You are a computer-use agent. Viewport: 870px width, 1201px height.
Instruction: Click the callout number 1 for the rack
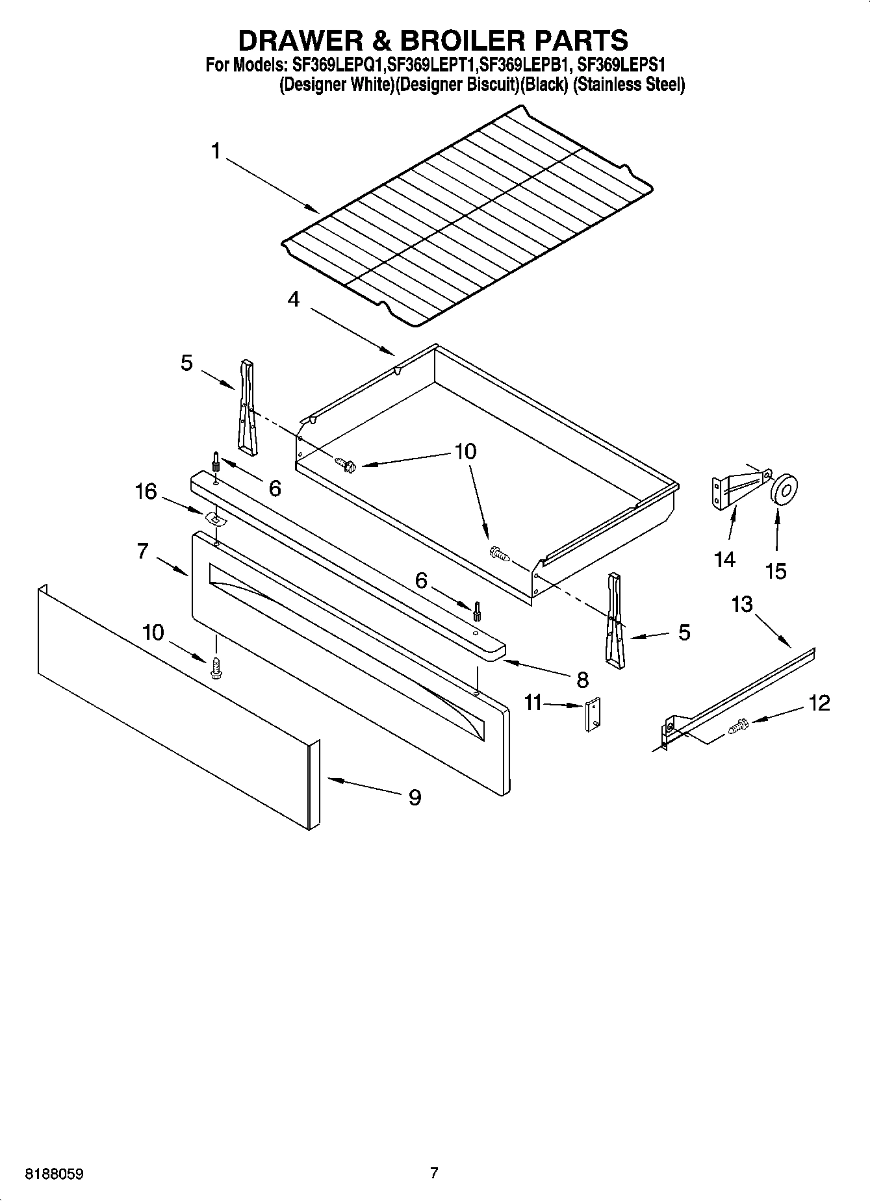click(x=216, y=151)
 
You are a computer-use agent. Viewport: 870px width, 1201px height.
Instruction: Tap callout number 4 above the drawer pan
click(x=294, y=299)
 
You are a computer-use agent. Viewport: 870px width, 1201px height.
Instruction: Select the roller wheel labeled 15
click(x=784, y=488)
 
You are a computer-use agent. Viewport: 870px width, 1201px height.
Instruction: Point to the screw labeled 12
click(x=739, y=726)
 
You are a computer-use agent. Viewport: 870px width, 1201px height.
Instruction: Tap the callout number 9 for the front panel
click(x=414, y=796)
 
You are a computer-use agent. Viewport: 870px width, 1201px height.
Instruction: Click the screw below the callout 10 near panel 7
click(x=216, y=668)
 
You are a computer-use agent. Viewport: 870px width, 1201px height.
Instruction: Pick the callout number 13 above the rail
click(x=741, y=604)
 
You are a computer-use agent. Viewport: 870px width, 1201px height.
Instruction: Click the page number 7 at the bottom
click(x=434, y=1172)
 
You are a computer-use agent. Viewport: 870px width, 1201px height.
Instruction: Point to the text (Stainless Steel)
click(x=628, y=84)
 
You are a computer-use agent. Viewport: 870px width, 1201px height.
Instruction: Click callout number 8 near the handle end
click(x=582, y=679)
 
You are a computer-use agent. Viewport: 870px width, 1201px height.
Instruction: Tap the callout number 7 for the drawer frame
click(x=144, y=551)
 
